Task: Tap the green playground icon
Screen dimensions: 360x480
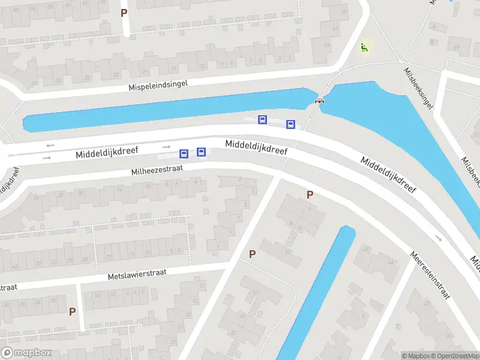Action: point(364,46)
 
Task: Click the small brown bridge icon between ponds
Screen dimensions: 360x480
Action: point(319,101)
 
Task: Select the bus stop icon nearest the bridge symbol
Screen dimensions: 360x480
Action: point(290,124)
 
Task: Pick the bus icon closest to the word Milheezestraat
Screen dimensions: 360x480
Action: point(184,154)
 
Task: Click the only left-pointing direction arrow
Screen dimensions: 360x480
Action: point(50,145)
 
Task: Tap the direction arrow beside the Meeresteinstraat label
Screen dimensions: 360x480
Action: point(439,238)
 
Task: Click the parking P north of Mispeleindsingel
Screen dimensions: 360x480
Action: point(124,12)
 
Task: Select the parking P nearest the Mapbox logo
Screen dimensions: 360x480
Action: point(73,311)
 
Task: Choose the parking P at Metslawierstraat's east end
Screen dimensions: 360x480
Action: point(253,254)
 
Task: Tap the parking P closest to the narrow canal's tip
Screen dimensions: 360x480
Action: point(310,194)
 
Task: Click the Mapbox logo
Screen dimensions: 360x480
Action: point(26,353)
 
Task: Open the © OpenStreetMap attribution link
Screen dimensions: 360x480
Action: point(456,356)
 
